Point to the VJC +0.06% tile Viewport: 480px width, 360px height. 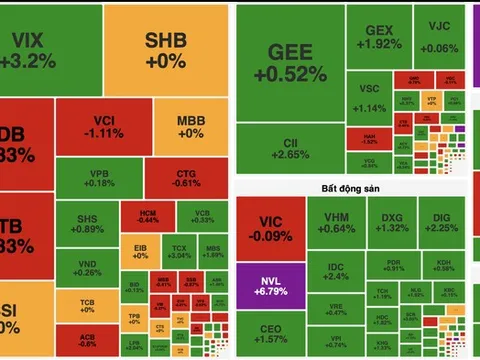tap(439, 37)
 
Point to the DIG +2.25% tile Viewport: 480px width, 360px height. tap(445, 221)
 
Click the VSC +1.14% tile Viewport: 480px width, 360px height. tap(371, 100)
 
